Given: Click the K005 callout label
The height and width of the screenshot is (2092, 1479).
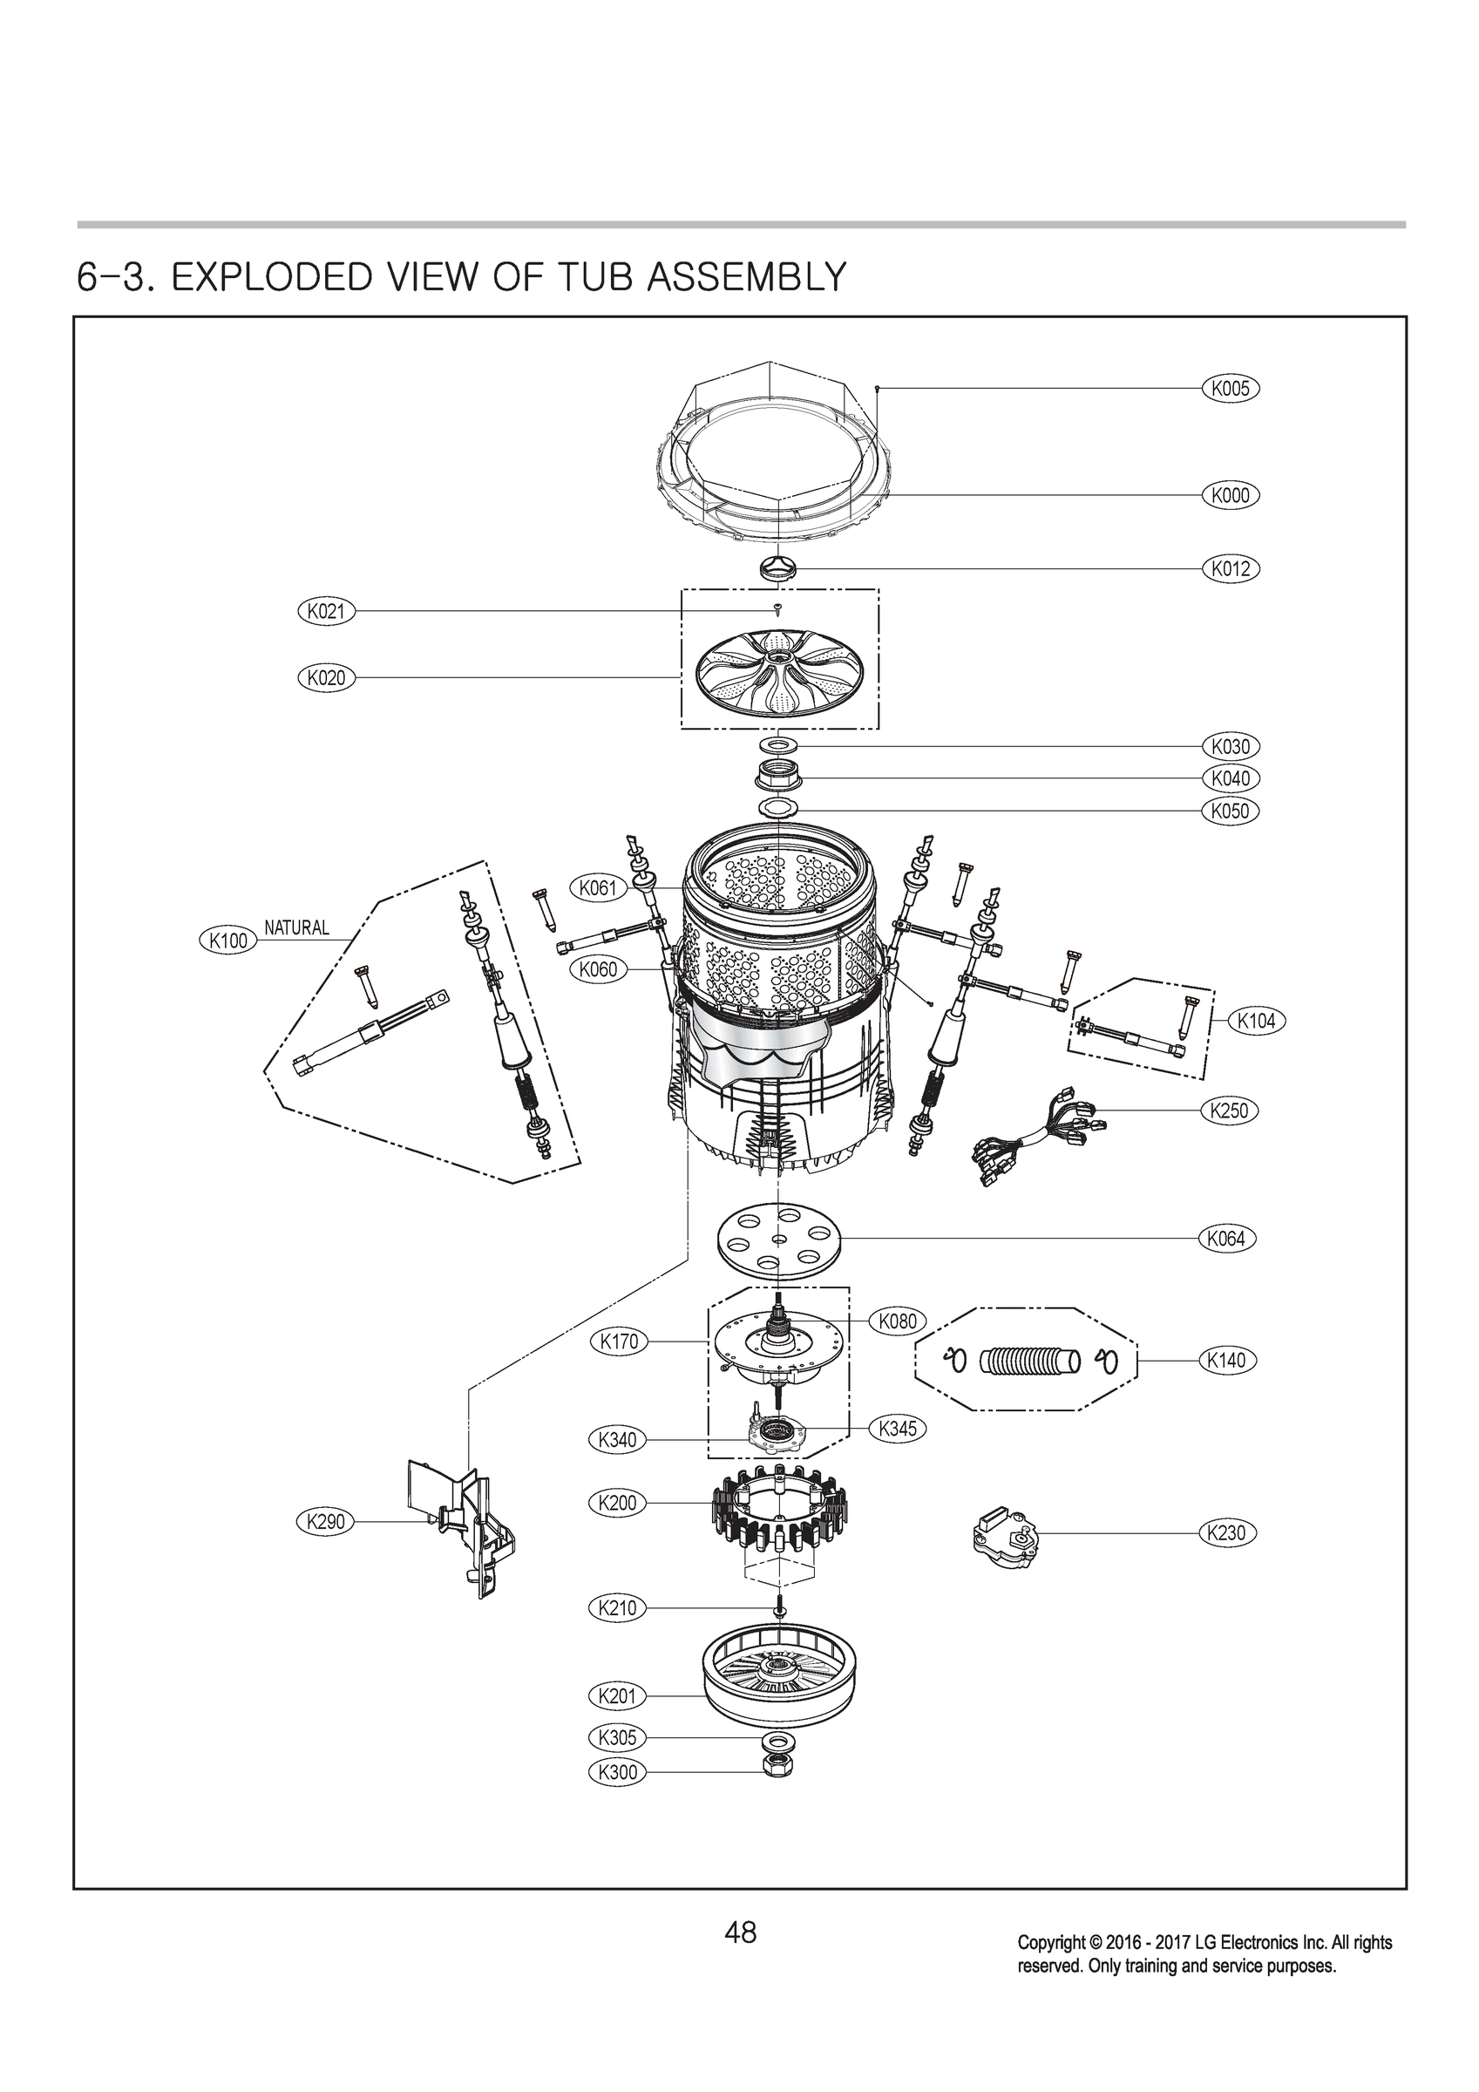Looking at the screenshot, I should (x=1231, y=388).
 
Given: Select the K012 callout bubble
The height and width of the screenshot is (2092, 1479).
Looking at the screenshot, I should (x=1231, y=568).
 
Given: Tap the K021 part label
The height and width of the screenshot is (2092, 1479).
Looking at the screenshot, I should (x=325, y=611).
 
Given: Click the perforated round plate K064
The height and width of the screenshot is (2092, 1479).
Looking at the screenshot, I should (x=777, y=1240).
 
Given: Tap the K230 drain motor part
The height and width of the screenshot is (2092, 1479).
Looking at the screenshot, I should (x=1001, y=1534).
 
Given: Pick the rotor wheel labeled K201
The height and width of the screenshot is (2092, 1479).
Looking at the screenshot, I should (x=779, y=1686).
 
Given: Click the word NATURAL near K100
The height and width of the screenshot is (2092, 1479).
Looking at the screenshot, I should (x=296, y=927).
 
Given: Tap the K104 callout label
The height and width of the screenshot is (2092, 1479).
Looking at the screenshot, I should (x=1256, y=1022).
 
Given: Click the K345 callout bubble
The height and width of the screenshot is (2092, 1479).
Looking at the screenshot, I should (x=898, y=1429).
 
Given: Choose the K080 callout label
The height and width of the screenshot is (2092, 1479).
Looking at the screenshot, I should (x=898, y=1321).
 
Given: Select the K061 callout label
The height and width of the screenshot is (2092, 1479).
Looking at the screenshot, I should (x=598, y=887).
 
